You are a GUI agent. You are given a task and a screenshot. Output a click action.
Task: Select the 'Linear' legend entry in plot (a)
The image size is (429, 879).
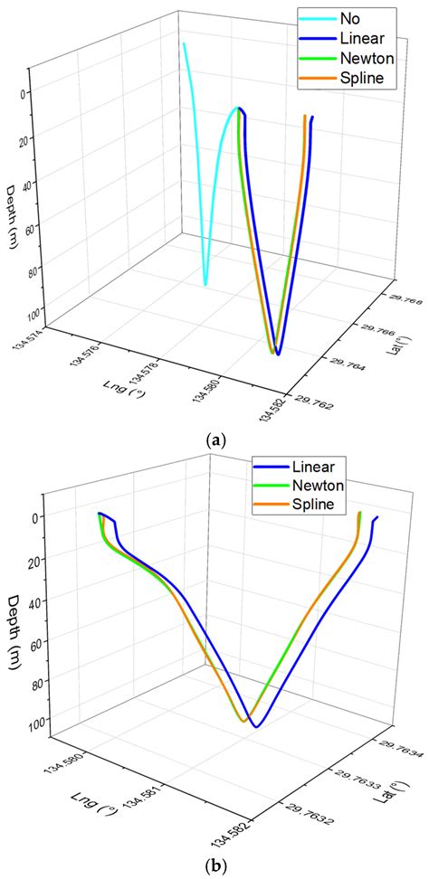pos(360,38)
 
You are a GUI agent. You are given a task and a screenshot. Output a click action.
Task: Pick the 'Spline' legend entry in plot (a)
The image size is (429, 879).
pos(361,80)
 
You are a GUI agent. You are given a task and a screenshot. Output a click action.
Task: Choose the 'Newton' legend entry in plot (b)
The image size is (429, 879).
pos(317,486)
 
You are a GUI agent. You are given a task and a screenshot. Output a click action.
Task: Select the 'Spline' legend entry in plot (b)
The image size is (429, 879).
pos(314,505)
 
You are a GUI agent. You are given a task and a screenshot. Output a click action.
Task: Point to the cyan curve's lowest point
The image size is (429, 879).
pos(205,285)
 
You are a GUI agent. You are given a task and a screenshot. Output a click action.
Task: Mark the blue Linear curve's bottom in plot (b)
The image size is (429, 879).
pos(257,726)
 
